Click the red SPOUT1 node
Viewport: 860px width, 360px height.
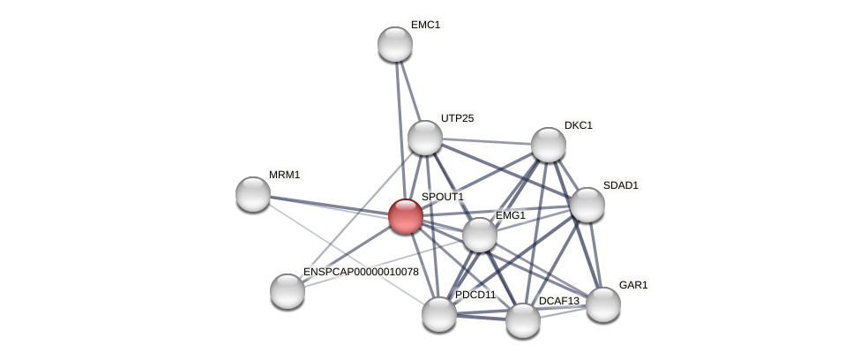click(x=406, y=216)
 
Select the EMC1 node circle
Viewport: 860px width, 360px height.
click(x=395, y=44)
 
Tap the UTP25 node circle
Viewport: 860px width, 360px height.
click(x=425, y=138)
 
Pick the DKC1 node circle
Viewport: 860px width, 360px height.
click(x=549, y=145)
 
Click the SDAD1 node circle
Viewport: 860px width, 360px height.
click(x=587, y=205)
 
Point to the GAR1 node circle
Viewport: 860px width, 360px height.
click(x=603, y=304)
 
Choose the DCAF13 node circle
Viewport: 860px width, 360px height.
click(x=523, y=320)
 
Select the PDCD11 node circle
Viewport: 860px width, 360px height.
click(x=439, y=314)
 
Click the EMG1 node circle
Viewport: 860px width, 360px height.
click(x=480, y=235)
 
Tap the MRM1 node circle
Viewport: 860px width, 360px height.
click(x=253, y=194)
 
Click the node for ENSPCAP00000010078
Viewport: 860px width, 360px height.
click(x=288, y=291)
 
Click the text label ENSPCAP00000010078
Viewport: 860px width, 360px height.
click(x=361, y=272)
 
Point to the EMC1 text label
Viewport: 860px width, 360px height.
click(x=425, y=25)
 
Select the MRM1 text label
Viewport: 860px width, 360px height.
click(x=284, y=175)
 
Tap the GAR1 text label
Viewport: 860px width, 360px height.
click(x=633, y=285)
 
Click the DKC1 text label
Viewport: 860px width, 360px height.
click(x=579, y=125)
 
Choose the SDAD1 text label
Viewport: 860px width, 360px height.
click(x=620, y=185)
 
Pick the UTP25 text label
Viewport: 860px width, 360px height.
click(x=457, y=118)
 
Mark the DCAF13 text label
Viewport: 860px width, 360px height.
click(x=559, y=301)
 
